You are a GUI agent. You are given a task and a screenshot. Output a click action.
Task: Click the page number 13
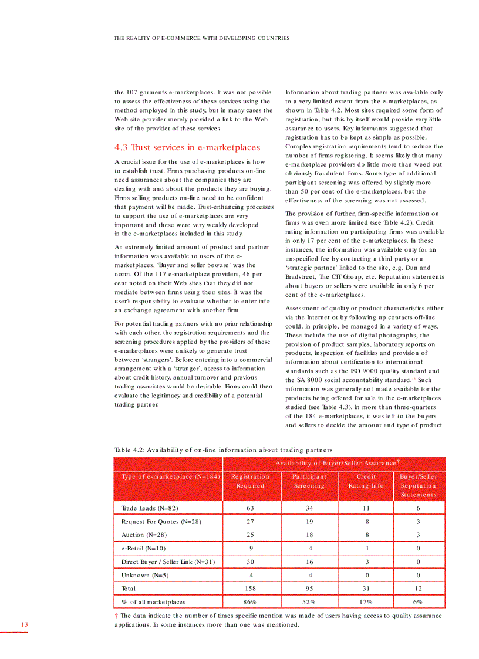click(24, 624)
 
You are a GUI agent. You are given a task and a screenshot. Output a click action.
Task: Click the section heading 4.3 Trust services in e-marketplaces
click(187, 147)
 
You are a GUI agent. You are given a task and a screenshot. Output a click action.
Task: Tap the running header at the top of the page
click(201, 38)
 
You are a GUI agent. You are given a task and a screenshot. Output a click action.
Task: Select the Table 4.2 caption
click(223, 450)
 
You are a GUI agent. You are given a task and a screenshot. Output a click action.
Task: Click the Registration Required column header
click(250, 481)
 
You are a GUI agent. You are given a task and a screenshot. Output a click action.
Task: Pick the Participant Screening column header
click(309, 481)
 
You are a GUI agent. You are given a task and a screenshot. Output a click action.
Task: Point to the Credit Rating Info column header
click(366, 481)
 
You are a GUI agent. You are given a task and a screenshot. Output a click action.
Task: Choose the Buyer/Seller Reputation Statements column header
click(419, 485)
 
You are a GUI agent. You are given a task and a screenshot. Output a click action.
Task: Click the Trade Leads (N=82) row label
click(149, 508)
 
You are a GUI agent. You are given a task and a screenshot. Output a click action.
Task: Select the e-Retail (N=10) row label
click(143, 548)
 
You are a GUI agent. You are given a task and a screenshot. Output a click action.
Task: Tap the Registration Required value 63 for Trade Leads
click(250, 508)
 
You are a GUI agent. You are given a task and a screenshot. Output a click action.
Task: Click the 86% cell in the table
click(250, 602)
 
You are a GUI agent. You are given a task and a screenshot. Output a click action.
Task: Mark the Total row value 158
click(250, 589)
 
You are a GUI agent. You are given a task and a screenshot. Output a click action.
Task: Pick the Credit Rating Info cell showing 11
click(366, 508)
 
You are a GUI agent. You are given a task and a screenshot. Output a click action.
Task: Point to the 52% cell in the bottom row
click(309, 602)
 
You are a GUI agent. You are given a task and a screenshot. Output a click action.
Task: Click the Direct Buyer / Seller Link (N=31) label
click(168, 562)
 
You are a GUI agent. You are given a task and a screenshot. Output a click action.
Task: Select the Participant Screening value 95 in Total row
click(309, 589)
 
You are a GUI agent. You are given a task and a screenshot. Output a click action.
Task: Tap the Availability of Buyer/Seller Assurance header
click(338, 464)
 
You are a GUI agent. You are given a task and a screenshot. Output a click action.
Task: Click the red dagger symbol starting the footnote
click(116, 616)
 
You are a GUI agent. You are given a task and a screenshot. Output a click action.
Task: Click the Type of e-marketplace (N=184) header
click(170, 476)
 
